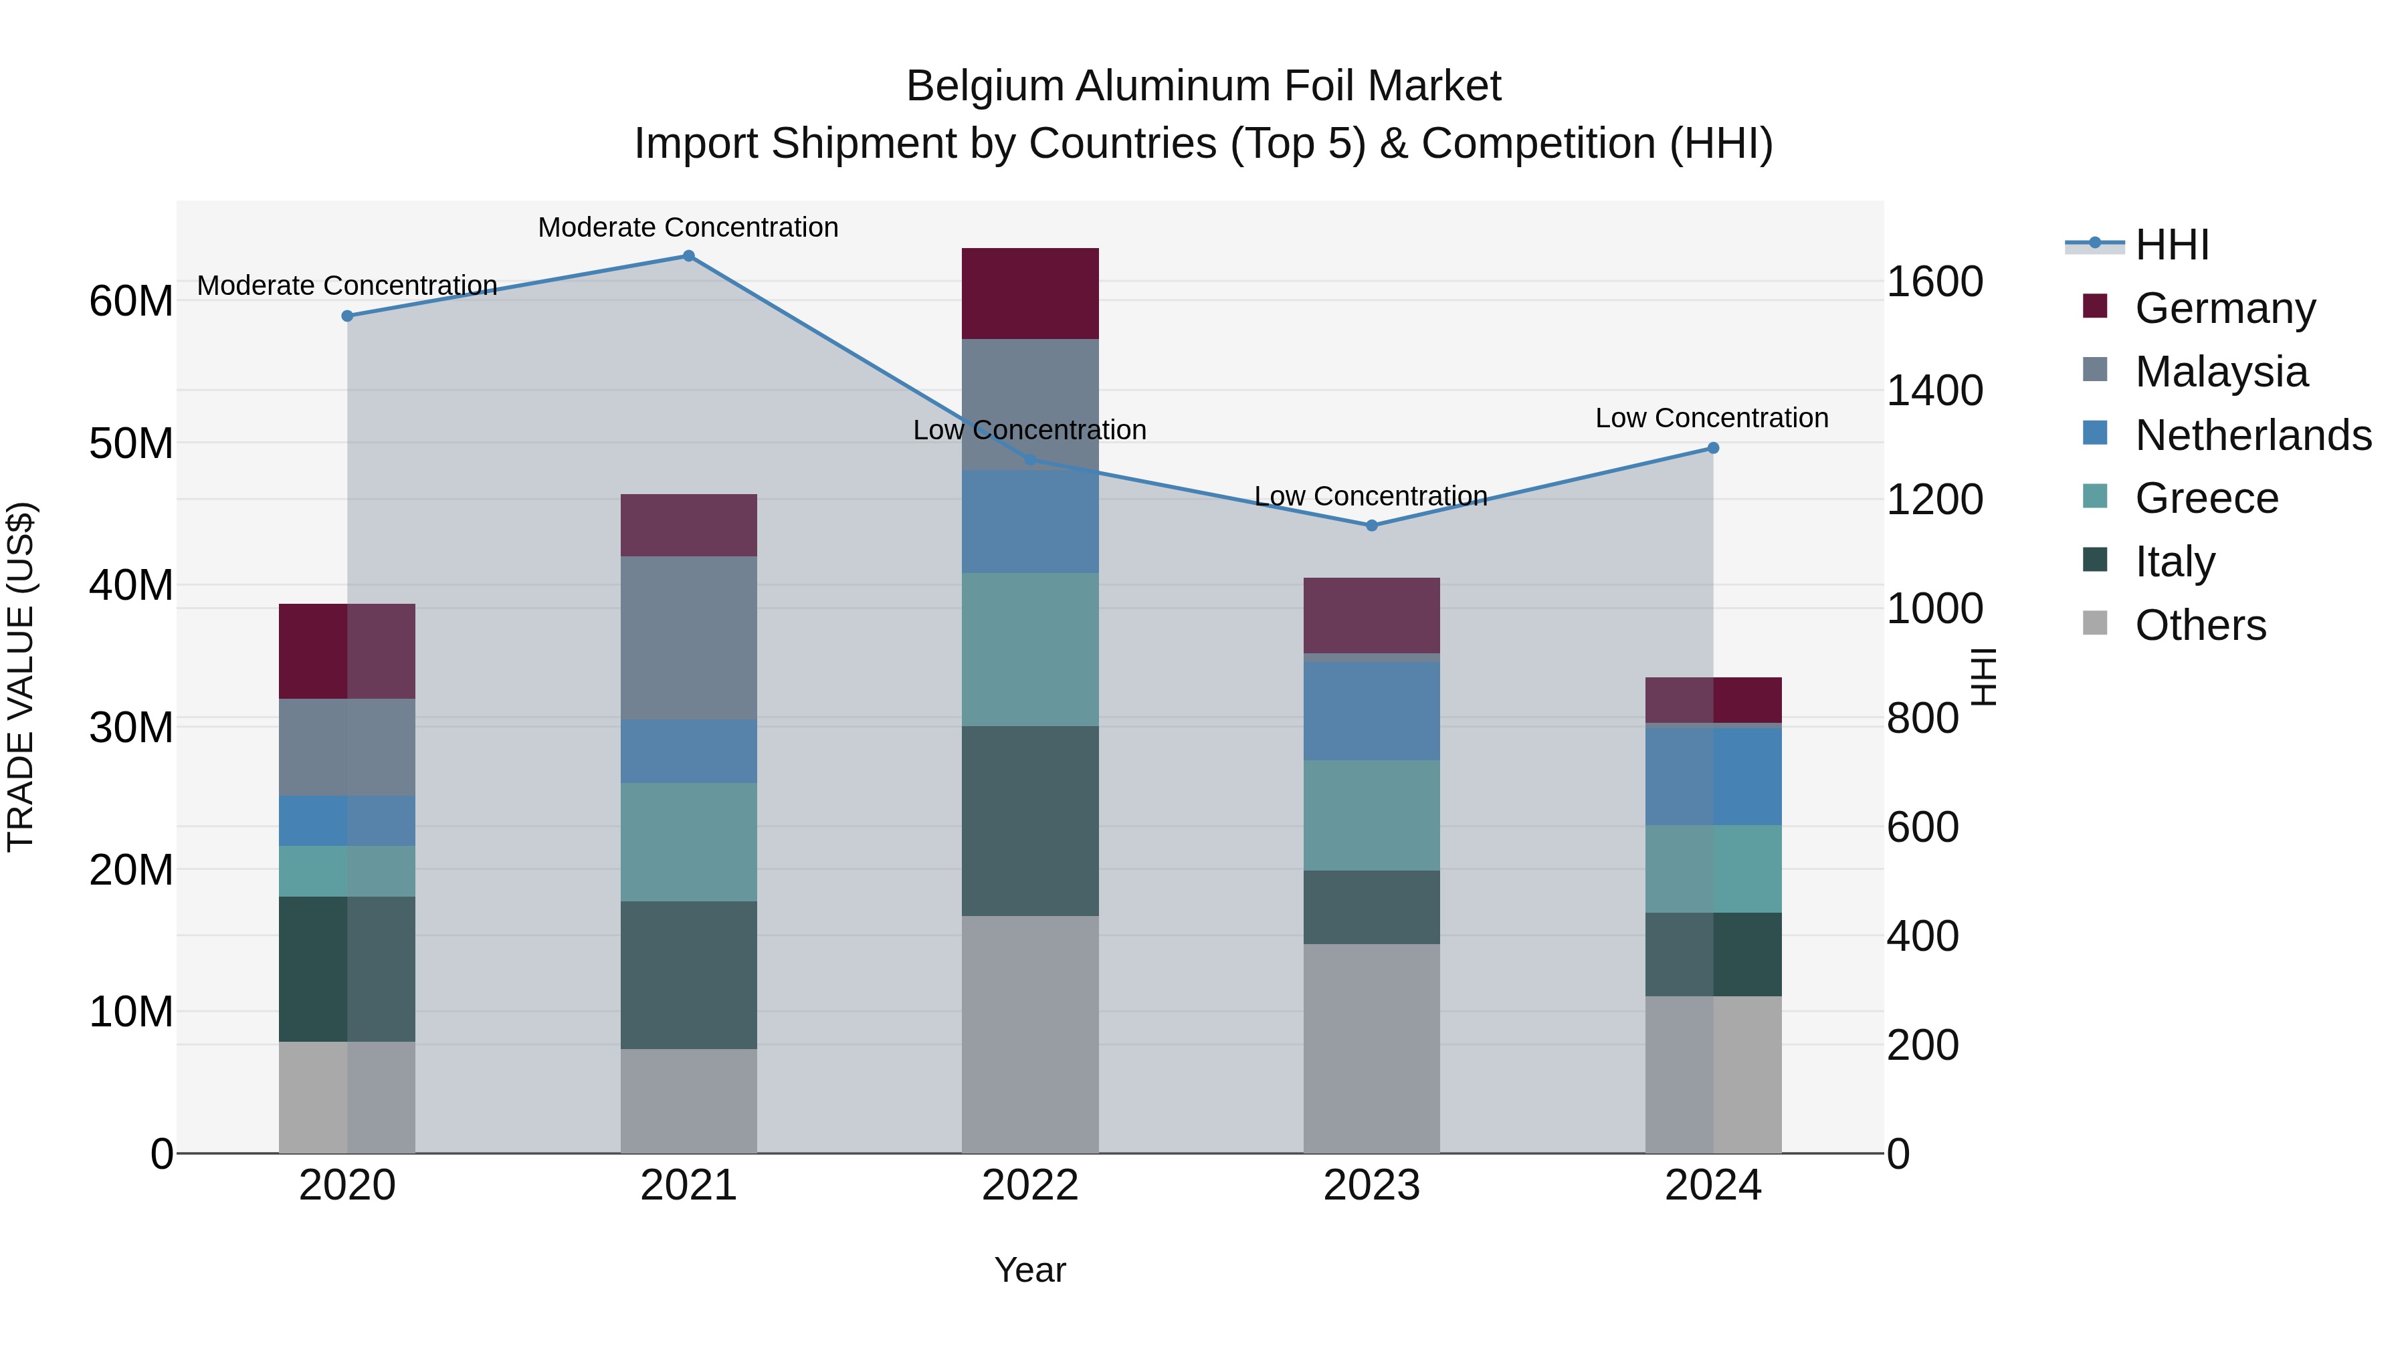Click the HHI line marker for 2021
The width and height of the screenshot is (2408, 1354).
(688, 256)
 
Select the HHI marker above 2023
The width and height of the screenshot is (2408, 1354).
(1371, 525)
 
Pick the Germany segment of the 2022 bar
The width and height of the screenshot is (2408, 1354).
(1030, 294)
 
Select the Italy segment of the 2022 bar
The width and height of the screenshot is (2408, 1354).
(1030, 820)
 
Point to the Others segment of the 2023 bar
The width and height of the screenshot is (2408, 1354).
(1371, 1048)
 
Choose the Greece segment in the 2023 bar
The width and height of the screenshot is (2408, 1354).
(1371, 815)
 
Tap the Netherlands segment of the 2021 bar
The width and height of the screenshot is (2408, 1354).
(688, 752)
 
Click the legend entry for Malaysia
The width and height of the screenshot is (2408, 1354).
(2221, 372)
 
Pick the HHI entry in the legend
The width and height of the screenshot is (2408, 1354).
(2171, 245)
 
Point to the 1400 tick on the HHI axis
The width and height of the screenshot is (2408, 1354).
(1934, 390)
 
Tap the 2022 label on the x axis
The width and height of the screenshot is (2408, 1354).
(1030, 1186)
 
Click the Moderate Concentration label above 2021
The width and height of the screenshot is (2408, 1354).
(688, 227)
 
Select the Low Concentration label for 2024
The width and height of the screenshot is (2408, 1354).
(1712, 418)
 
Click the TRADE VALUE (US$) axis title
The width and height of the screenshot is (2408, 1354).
(21, 677)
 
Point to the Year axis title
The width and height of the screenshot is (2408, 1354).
(1030, 1270)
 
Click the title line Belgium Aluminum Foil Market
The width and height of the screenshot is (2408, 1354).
(1203, 86)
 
